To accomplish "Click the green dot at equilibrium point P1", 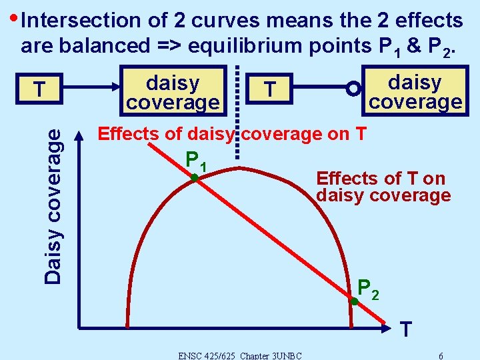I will [x=193, y=178].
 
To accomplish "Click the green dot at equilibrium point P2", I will [x=355, y=302].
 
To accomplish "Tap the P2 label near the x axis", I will [x=368, y=288].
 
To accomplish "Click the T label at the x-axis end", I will [x=406, y=329].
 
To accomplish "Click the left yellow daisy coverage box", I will [x=173, y=93].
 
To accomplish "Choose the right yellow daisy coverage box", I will [x=415, y=91].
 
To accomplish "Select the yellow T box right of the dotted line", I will [x=269, y=89].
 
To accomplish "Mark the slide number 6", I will [x=441, y=355].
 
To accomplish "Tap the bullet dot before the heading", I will [x=13, y=16].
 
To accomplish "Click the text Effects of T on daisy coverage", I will [x=383, y=187].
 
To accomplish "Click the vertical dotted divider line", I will [x=238, y=113].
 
